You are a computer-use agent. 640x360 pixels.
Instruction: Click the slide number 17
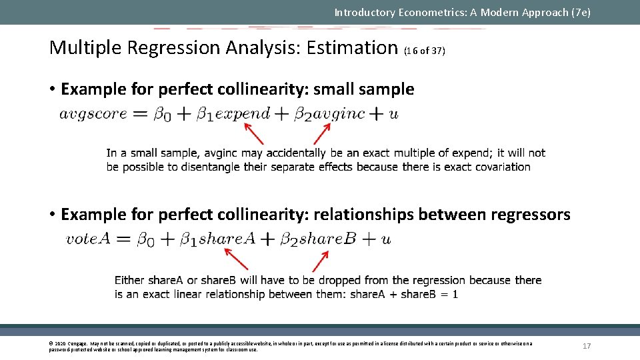click(x=587, y=346)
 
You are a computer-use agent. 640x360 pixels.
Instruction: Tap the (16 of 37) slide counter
click(x=425, y=51)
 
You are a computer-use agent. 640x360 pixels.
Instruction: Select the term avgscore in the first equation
click(x=93, y=113)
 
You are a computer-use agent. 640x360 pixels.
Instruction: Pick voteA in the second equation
click(x=88, y=239)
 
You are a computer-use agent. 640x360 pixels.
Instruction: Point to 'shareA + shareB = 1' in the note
click(x=403, y=294)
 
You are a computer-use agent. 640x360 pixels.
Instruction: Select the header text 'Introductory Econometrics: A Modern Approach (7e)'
click(x=462, y=12)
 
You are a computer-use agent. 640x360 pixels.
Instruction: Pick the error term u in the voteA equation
click(x=386, y=239)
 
